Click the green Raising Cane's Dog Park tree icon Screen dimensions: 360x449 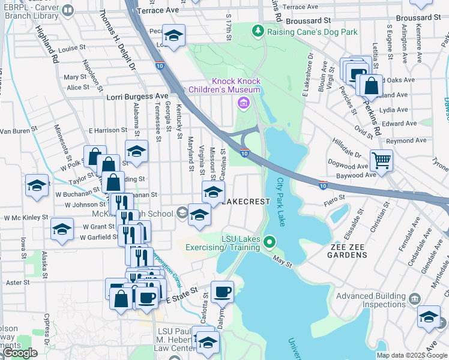[258, 30]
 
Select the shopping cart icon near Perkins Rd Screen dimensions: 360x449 [381, 160]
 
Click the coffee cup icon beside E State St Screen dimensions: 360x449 [222, 292]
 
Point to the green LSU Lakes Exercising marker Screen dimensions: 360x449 [270, 242]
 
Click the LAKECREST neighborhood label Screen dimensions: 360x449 [246, 202]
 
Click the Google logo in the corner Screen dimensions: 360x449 [20, 353]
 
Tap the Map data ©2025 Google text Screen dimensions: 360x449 [412, 355]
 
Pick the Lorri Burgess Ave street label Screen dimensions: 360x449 [137, 96]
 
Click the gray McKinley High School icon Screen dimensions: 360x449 [181, 214]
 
